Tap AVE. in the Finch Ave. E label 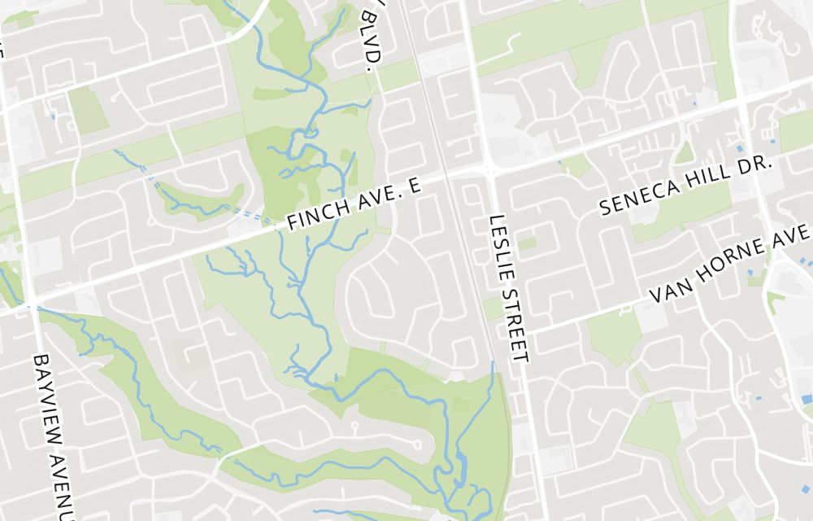374,198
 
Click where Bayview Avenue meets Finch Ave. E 32,305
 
